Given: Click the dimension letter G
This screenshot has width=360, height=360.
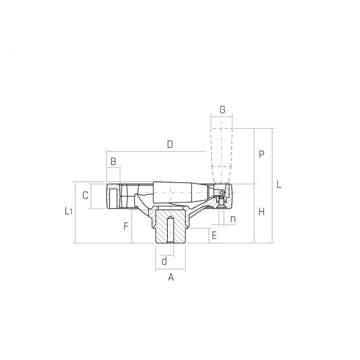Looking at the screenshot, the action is pyautogui.click(x=222, y=110).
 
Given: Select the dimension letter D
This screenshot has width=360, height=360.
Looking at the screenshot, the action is pyautogui.click(x=170, y=144).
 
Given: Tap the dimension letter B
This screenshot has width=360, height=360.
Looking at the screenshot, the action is pyautogui.click(x=113, y=162).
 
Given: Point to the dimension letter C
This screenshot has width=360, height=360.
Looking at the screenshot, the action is pyautogui.click(x=85, y=195).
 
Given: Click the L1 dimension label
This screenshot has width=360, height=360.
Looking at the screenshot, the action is pyautogui.click(x=68, y=211).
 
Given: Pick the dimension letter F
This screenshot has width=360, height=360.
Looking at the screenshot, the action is pyautogui.click(x=126, y=226).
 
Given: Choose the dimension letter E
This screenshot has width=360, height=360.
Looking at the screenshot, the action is pyautogui.click(x=214, y=235).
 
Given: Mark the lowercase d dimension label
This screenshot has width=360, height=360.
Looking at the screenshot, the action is pyautogui.click(x=164, y=261).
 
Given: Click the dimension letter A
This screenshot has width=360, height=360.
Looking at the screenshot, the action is pyautogui.click(x=171, y=277).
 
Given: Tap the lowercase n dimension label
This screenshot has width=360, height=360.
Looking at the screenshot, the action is pyautogui.click(x=233, y=219).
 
